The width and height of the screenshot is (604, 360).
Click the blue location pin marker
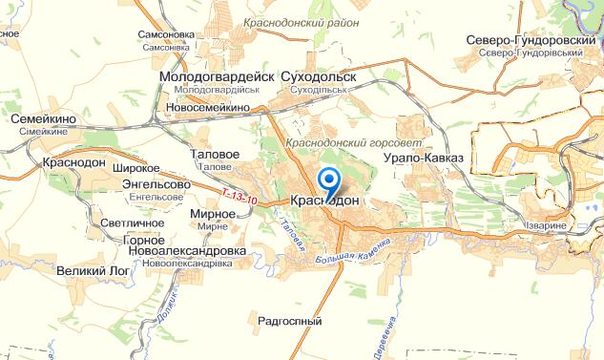[329, 182]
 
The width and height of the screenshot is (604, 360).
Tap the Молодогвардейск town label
[218, 75]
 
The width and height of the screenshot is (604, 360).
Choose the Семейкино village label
[44, 118]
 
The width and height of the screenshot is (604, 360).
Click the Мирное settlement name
[207, 216]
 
